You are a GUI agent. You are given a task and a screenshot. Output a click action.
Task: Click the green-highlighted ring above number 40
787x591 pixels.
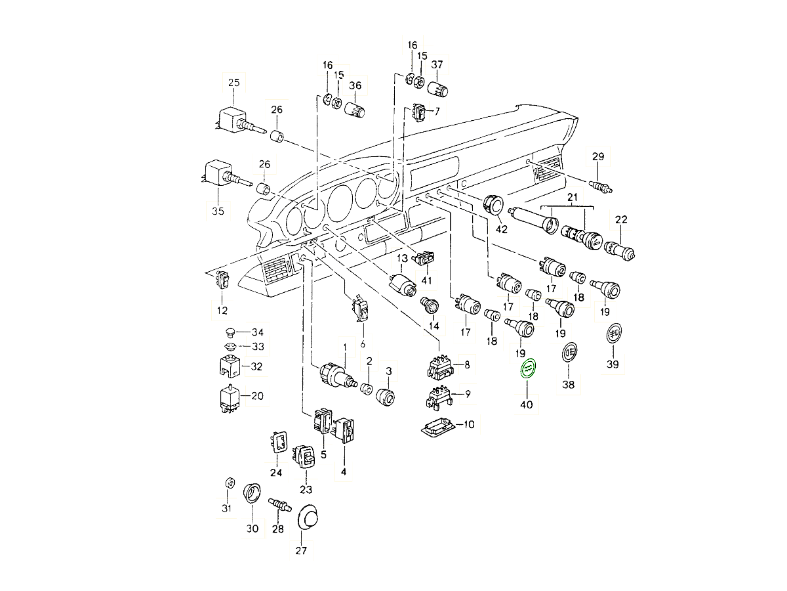click(528, 370)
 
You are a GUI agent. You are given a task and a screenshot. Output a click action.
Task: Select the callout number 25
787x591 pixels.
click(234, 82)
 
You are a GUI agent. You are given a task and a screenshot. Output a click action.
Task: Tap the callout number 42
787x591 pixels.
click(502, 229)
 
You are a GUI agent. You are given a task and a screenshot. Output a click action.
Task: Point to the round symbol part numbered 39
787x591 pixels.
click(613, 334)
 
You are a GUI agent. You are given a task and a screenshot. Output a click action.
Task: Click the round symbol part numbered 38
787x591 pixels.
click(569, 353)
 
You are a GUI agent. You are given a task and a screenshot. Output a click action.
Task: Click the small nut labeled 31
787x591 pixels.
click(230, 483)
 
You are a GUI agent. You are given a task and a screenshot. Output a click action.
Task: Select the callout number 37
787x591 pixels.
click(437, 64)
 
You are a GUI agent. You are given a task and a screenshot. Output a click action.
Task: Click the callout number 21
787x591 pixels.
click(571, 197)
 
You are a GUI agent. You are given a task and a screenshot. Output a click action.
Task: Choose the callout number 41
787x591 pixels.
click(427, 280)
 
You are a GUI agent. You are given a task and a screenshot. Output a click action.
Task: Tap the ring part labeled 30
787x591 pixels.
click(252, 493)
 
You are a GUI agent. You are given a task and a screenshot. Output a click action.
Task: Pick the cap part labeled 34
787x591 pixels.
click(230, 332)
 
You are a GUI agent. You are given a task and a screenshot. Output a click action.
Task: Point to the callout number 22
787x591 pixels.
click(621, 219)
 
